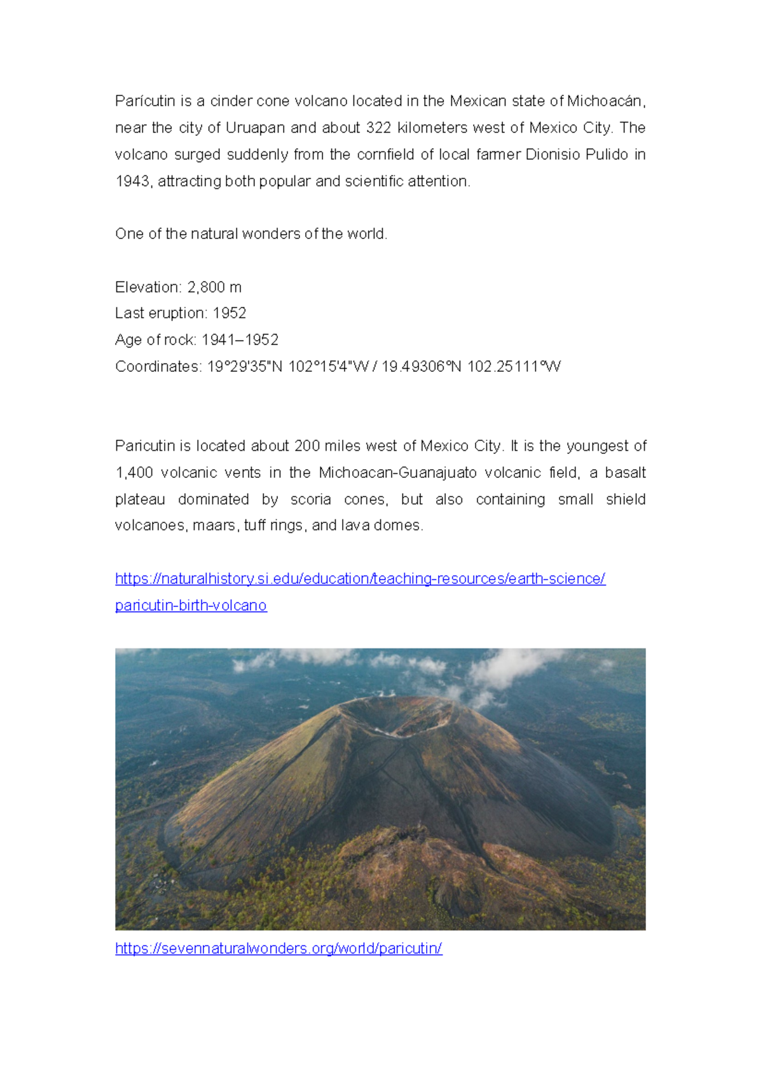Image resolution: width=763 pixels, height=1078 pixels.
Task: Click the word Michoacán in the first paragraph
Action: [x=605, y=101]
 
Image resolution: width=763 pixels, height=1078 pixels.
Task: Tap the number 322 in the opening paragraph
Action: [x=378, y=128]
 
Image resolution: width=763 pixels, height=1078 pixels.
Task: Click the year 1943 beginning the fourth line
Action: [x=132, y=181]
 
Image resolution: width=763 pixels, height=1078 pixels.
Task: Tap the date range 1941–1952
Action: [x=240, y=340]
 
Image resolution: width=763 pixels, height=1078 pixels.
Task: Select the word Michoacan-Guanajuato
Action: [x=397, y=473]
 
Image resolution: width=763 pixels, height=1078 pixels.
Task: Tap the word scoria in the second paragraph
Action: [x=310, y=500]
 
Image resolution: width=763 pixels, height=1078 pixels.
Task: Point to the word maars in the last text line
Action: [x=216, y=526]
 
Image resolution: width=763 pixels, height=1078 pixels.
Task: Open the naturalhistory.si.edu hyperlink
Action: [x=360, y=579]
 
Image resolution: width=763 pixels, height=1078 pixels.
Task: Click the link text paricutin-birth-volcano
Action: [x=191, y=606]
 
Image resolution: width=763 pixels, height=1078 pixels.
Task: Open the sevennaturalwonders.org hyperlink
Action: [x=278, y=948]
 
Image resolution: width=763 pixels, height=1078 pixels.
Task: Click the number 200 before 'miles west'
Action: [x=306, y=446]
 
